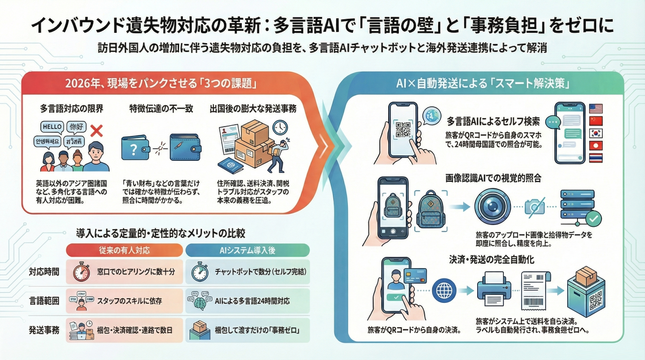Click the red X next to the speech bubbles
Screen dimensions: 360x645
(x=96, y=130)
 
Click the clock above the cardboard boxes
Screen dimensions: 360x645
(x=280, y=127)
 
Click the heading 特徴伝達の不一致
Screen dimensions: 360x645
(x=160, y=109)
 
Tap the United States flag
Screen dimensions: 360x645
(x=595, y=109)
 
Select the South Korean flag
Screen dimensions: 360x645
(x=595, y=134)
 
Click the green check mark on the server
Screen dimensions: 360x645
(x=594, y=218)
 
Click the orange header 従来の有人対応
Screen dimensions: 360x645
(x=124, y=250)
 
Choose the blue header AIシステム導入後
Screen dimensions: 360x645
(x=247, y=250)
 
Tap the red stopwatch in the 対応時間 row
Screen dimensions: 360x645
(x=81, y=272)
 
